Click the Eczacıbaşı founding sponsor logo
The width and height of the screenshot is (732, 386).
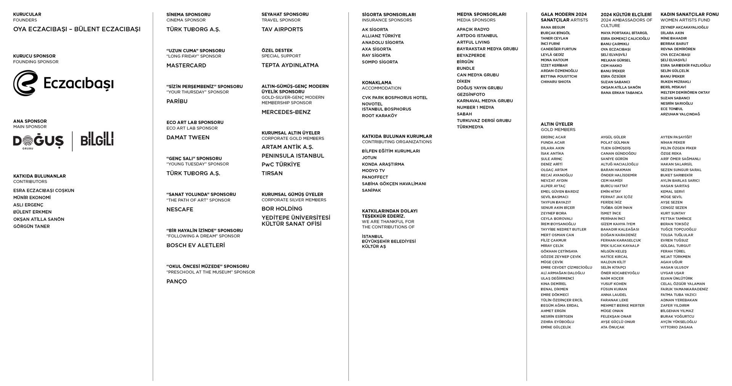coord(63,83)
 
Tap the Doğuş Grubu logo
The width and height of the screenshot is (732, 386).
coord(38,141)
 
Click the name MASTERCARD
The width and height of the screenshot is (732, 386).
coord(186,66)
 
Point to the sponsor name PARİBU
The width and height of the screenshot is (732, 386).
coord(177,101)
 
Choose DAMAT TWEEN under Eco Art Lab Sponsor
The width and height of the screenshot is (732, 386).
coord(188,137)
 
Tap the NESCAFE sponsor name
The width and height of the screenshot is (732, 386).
coord(180,209)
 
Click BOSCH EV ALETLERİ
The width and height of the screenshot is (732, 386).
coord(196,245)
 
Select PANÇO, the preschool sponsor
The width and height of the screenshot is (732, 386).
coord(177,281)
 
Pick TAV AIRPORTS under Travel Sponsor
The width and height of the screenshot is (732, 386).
coord(282,29)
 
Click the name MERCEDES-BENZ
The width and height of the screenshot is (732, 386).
coord(286,112)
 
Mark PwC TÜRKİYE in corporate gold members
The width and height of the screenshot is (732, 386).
coord(281,164)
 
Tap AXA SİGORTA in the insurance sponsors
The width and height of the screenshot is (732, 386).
coord(376,49)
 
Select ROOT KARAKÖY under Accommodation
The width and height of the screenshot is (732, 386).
coord(379,116)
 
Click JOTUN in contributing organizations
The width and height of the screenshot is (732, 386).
coord(369,158)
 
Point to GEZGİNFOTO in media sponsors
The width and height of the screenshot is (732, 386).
coord(471,94)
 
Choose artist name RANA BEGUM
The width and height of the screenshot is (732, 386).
coord(552,27)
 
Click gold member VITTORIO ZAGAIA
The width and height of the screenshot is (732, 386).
coord(676,327)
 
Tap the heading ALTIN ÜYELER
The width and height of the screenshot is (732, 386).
coord(557,124)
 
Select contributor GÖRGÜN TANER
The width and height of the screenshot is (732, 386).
coord(31,226)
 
